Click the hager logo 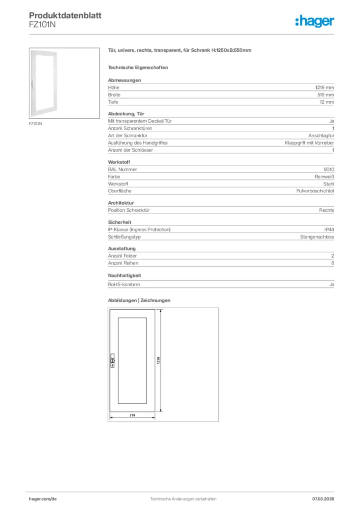pos(314,21)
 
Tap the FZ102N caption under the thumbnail pos(35,123)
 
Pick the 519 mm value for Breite pos(326,95)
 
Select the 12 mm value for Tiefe pos(327,102)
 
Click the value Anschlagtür pos(321,136)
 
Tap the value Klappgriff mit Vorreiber pos(309,143)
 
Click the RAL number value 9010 pos(329,170)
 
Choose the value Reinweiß pos(324,176)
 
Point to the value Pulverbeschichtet pos(315,191)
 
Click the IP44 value pos(329,230)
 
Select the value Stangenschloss pos(317,237)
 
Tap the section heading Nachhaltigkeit pos(125,275)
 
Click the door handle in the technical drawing pos(112,361)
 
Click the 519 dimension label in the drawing pos(133,415)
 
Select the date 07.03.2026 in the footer pos(323,498)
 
